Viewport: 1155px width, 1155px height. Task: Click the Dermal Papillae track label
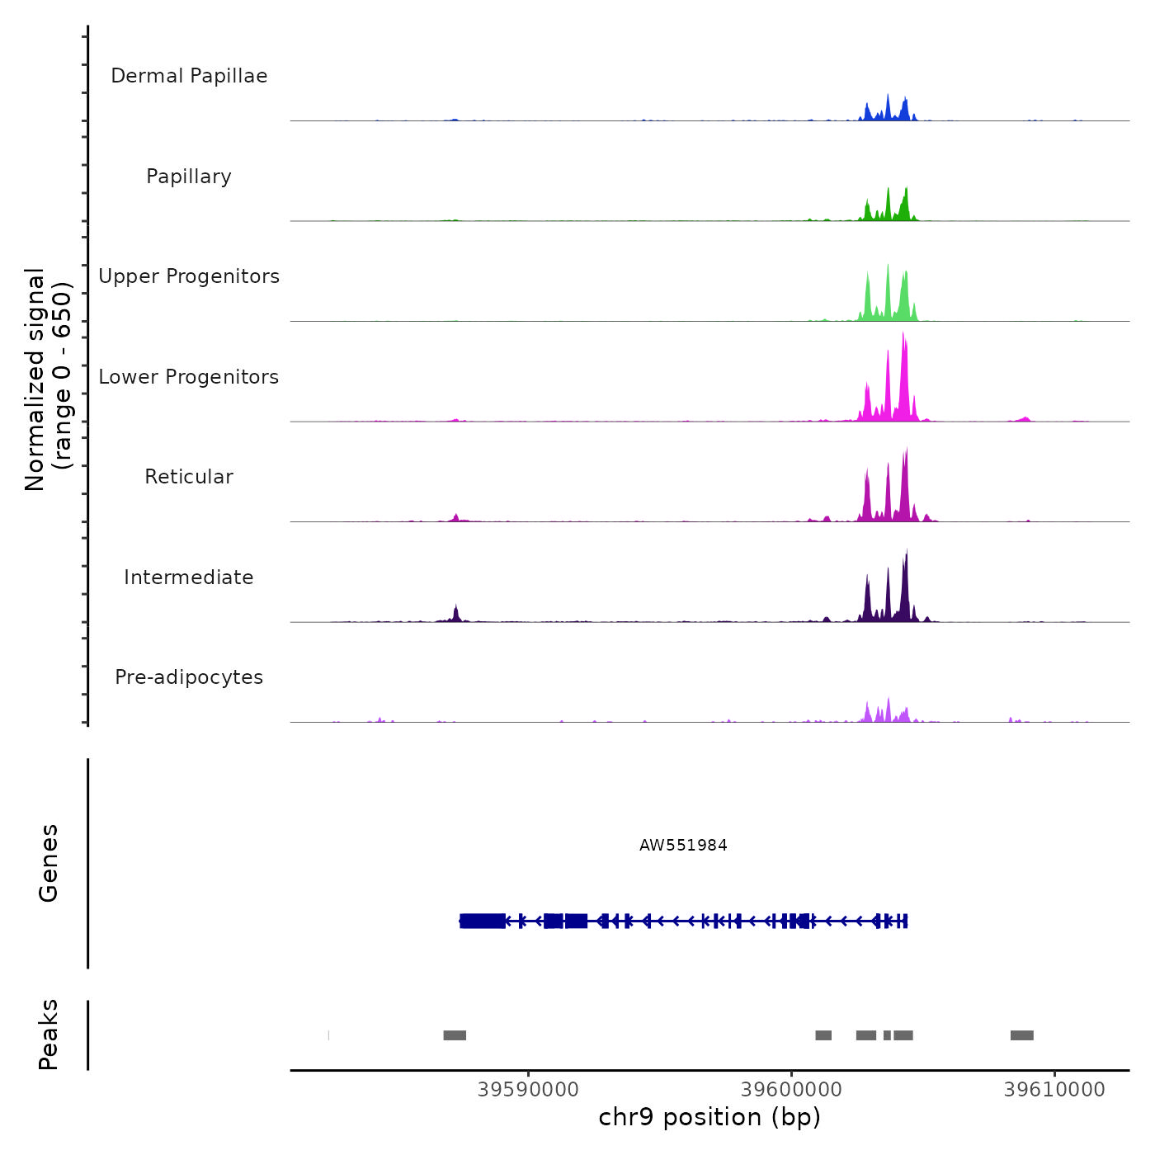point(189,76)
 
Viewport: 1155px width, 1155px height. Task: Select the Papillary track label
point(189,177)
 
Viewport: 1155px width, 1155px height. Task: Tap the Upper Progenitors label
point(189,276)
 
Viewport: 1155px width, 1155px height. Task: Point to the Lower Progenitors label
point(189,377)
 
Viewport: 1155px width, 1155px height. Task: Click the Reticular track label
point(189,477)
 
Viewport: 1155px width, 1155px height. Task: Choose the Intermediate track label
point(189,577)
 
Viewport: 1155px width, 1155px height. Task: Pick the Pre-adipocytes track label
point(189,677)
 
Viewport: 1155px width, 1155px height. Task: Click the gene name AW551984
point(683,845)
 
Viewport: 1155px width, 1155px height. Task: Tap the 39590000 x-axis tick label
point(528,1090)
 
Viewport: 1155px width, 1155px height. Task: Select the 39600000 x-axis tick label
point(791,1090)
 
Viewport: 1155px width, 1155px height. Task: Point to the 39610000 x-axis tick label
point(1054,1090)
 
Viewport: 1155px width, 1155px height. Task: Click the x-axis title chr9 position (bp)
point(709,1117)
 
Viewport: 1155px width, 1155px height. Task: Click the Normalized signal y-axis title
point(48,379)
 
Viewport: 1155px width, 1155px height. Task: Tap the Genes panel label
point(49,863)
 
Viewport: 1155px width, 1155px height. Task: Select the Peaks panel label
point(49,1035)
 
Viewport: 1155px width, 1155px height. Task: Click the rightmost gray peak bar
point(1021,1035)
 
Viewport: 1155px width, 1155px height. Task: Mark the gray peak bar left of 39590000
point(455,1035)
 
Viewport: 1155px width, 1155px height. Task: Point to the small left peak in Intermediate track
point(455,613)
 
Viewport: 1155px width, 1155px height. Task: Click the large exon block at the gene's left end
point(483,921)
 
